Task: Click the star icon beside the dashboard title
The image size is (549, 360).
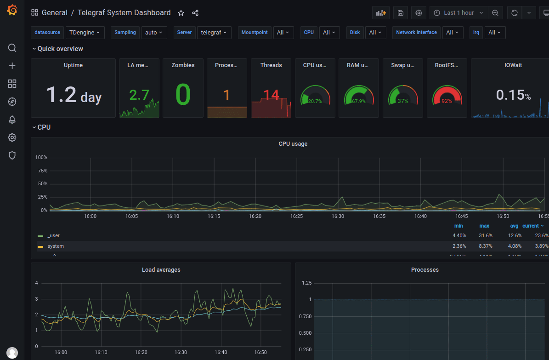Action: coord(181,13)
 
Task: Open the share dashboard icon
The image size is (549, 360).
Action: coord(195,13)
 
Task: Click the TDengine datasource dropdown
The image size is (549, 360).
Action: coord(85,33)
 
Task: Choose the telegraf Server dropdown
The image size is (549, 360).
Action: coord(214,33)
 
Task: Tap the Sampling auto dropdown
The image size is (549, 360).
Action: coord(154,33)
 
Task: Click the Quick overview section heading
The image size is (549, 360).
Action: coord(60,49)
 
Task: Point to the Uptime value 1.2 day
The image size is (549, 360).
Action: coord(74,95)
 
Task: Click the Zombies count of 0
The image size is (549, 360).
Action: coord(183,95)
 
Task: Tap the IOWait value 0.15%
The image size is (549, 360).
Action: coord(513,95)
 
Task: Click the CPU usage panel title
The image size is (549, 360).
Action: coord(293,144)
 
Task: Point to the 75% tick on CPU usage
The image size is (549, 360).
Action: coord(41,171)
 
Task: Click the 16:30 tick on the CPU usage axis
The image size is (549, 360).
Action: coord(338,216)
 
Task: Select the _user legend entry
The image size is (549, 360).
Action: coord(53,235)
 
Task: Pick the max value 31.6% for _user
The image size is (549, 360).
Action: coord(484,235)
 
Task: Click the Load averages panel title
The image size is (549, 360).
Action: coord(161,270)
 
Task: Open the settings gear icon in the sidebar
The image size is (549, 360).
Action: coord(12,137)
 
